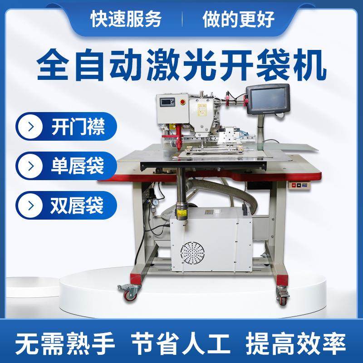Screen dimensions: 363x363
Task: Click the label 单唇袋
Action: (78, 165)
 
